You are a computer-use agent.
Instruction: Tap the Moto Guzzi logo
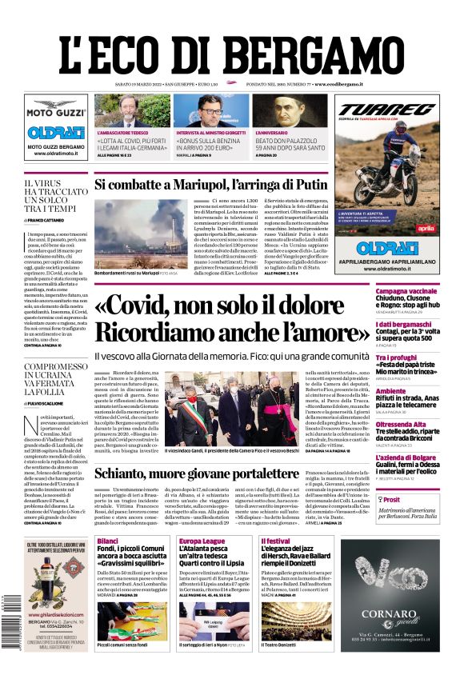point(56,113)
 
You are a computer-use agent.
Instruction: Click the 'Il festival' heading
point(275,541)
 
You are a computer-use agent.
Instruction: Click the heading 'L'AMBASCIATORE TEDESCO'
point(124,133)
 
